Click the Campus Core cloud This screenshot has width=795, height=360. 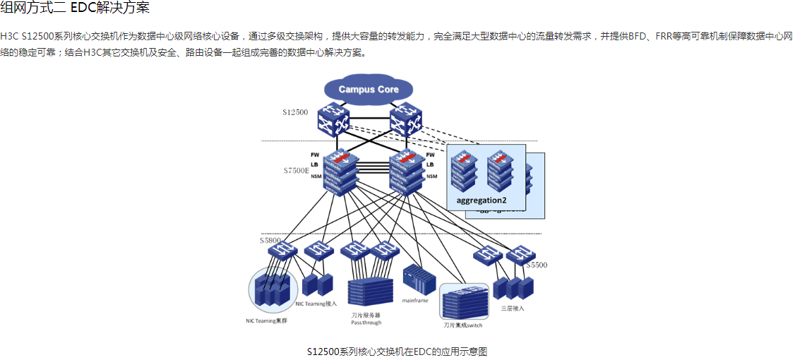[x=368, y=90]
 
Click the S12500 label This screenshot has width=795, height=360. [x=295, y=112]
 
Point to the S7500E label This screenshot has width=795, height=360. [x=297, y=171]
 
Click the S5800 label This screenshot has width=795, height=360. [x=270, y=241]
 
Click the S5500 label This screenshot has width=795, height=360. [x=537, y=265]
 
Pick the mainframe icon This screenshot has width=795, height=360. [x=415, y=280]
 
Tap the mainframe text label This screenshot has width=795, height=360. [x=415, y=300]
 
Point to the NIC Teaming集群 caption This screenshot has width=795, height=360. [x=266, y=321]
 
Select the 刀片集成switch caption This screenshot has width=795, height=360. [x=462, y=325]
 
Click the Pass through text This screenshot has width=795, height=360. [x=366, y=323]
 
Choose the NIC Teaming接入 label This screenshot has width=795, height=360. [x=316, y=304]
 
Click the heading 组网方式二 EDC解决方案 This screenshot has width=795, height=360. [x=75, y=8]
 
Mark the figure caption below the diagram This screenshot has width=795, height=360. [x=397, y=351]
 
